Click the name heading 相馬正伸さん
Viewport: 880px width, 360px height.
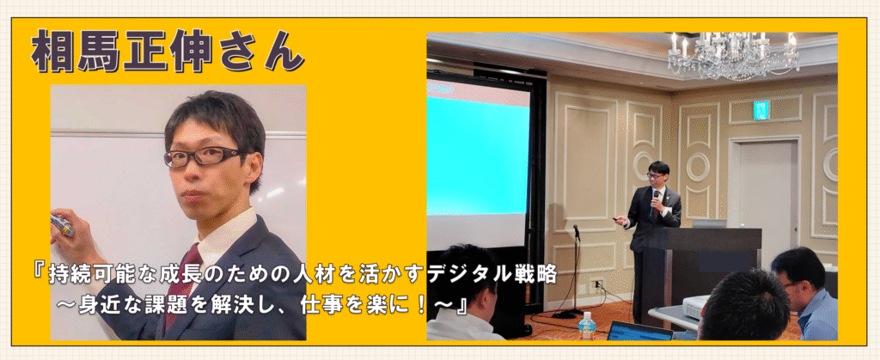[168, 51]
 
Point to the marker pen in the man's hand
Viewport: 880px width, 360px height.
[62, 225]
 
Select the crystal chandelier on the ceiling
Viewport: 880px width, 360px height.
[733, 52]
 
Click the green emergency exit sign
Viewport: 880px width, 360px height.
[761, 111]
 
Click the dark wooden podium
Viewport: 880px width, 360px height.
[701, 269]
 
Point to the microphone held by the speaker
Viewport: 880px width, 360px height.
[655, 203]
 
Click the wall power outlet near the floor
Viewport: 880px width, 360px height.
[597, 284]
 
